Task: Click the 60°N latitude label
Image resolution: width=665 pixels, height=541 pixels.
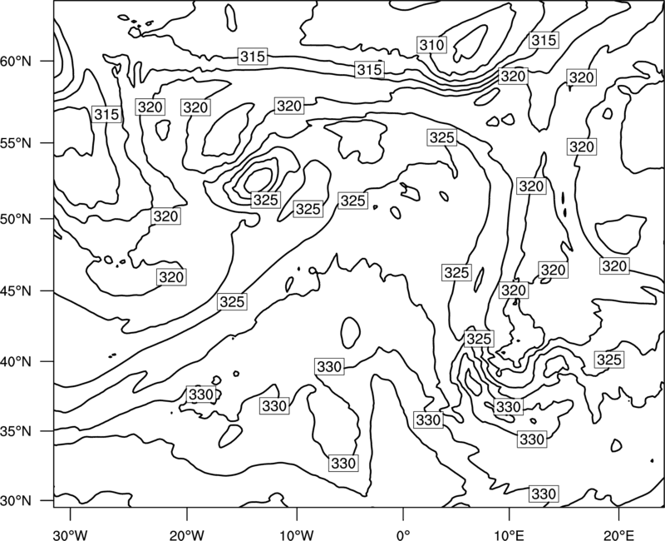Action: [16, 61]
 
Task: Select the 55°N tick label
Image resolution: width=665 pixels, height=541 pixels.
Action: [16, 143]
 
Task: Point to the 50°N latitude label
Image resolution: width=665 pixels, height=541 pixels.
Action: [16, 219]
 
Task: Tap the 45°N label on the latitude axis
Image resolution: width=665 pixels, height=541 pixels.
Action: [16, 290]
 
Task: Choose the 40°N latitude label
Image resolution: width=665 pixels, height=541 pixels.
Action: [16, 361]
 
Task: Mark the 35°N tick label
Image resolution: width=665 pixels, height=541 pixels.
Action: [16, 431]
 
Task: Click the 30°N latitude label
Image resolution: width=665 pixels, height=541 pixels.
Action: [16, 501]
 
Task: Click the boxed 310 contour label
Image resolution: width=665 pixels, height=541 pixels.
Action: [431, 45]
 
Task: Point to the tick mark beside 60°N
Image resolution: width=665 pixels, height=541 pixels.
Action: [47, 61]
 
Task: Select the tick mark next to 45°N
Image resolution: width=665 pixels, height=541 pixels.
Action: [47, 290]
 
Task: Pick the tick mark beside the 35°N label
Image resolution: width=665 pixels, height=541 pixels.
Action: [47, 431]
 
